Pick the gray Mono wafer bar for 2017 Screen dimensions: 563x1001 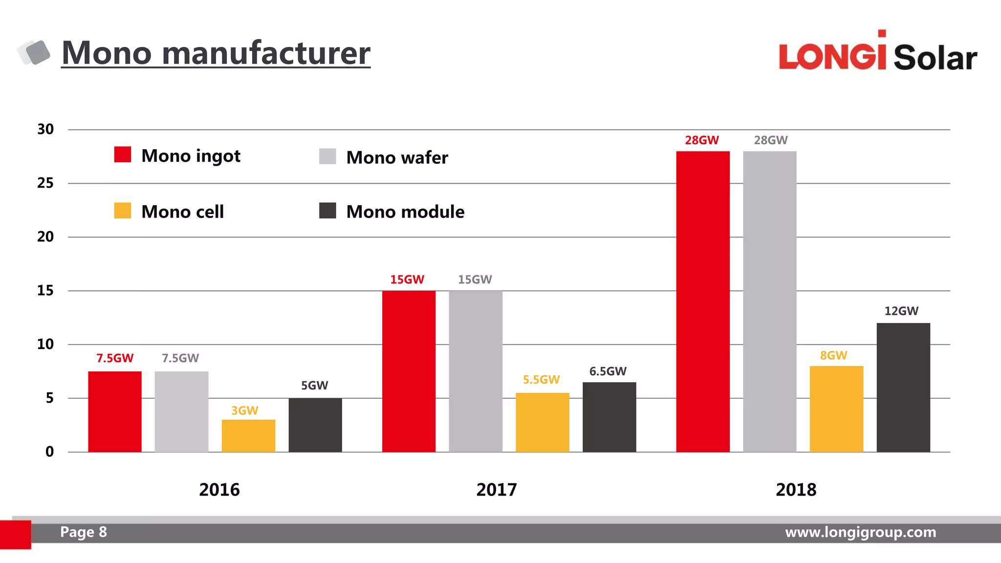pos(475,371)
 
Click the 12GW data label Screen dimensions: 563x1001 pos(901,311)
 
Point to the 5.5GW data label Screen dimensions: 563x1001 pos(541,380)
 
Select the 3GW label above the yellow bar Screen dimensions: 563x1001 pos(244,411)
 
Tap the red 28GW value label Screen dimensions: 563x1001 pos(701,140)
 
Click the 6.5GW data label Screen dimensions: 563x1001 pos(608,371)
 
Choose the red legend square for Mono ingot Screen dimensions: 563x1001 pos(123,154)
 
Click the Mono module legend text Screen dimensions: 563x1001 pos(405,212)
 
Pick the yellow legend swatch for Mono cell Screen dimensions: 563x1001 pos(123,211)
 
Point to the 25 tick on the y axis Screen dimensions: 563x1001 pos(45,183)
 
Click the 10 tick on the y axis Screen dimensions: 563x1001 pos(45,345)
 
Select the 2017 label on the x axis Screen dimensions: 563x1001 pos(496,490)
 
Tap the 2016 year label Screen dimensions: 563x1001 pos(219,490)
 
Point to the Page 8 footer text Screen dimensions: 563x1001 pos(83,532)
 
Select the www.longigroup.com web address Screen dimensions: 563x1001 pos(860,532)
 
